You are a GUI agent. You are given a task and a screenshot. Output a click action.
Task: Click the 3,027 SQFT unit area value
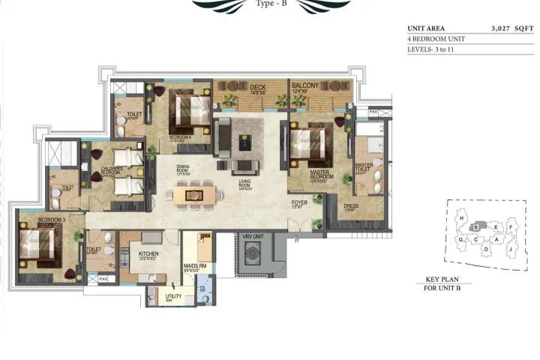coord(510,28)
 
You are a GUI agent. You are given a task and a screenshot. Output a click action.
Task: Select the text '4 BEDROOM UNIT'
coord(432,37)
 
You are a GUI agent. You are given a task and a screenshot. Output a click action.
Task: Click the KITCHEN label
coord(148,255)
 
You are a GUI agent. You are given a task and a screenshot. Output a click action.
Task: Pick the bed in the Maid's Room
coord(202,246)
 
